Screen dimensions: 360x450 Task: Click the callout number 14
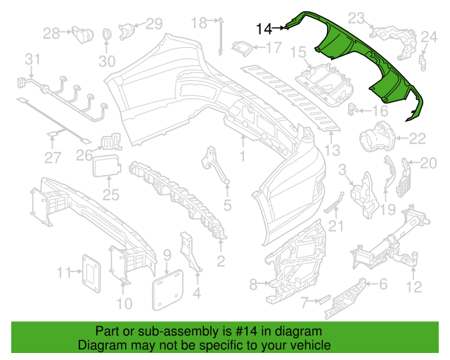pyautogui.click(x=264, y=29)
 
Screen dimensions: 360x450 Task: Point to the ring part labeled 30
pyautogui.click(x=106, y=36)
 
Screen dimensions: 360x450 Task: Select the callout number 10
pyautogui.click(x=124, y=304)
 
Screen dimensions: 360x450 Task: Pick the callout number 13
pyautogui.click(x=331, y=149)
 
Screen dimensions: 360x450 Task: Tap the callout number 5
pyautogui.click(x=227, y=205)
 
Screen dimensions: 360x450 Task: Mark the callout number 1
pyautogui.click(x=243, y=153)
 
